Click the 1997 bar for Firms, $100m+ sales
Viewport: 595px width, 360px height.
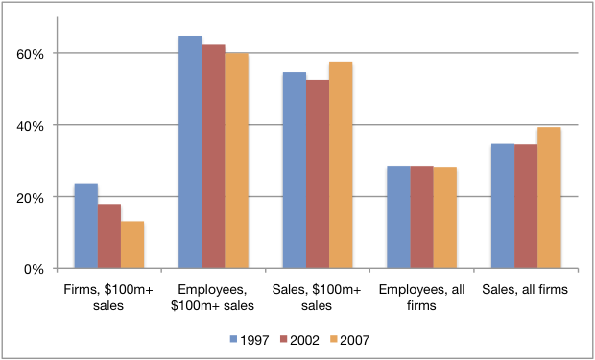[x=86, y=226]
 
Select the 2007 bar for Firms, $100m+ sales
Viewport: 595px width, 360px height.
[x=132, y=245]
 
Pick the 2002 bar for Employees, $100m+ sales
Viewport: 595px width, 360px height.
[x=213, y=156]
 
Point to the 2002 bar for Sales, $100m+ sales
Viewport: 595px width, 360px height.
[x=318, y=174]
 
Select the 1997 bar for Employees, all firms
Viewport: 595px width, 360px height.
[x=398, y=217]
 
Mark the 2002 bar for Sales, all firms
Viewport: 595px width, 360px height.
[x=526, y=206]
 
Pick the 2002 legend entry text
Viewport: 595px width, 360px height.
[x=306, y=339]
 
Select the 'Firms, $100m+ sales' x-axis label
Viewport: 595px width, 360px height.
[x=109, y=297]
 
